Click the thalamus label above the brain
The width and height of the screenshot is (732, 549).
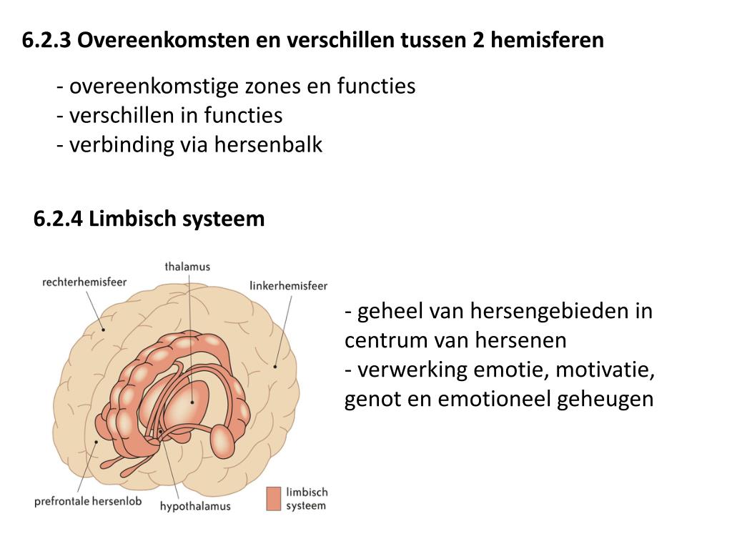point(187,267)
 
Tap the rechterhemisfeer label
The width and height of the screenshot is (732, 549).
point(84,282)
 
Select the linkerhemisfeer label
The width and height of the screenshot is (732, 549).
point(288,286)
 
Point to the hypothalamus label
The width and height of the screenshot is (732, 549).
point(195,506)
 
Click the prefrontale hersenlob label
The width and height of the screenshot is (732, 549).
point(88,501)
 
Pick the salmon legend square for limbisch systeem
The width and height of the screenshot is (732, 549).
point(274,498)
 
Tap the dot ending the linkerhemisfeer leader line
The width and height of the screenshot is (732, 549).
point(275,366)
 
